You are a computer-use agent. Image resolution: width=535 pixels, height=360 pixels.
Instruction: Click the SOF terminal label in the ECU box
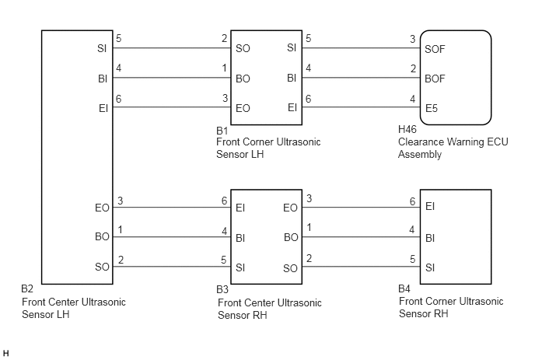435,49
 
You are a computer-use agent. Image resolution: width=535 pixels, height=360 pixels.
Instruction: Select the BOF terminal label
435,79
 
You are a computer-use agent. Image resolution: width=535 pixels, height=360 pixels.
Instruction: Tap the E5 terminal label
432,109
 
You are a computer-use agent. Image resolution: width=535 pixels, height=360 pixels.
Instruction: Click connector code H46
407,129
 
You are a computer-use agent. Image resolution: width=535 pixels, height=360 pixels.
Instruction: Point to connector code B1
222,131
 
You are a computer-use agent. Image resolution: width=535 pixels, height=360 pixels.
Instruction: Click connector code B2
27,288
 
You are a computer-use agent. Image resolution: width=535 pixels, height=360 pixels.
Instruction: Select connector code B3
222,289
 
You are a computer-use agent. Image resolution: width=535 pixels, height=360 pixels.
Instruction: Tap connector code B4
404,288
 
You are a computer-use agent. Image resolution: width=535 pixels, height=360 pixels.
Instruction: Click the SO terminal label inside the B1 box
243,48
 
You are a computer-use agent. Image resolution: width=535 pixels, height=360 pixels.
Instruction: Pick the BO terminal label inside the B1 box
243,79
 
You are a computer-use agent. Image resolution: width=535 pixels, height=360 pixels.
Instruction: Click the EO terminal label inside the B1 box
243,109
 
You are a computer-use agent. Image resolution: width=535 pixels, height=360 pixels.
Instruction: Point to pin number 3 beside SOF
412,39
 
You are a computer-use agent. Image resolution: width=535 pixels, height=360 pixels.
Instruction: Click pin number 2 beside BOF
413,69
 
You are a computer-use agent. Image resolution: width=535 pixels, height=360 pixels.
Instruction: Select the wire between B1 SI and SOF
361,47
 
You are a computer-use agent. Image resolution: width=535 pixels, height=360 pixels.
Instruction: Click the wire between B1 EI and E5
361,107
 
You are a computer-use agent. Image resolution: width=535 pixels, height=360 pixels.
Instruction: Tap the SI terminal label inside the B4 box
430,267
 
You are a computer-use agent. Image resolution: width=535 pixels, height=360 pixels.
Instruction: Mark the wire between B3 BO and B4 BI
361,237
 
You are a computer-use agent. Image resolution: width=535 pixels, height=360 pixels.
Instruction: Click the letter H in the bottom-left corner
5,353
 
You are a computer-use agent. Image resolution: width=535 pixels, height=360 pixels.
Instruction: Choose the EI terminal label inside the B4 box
430,207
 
